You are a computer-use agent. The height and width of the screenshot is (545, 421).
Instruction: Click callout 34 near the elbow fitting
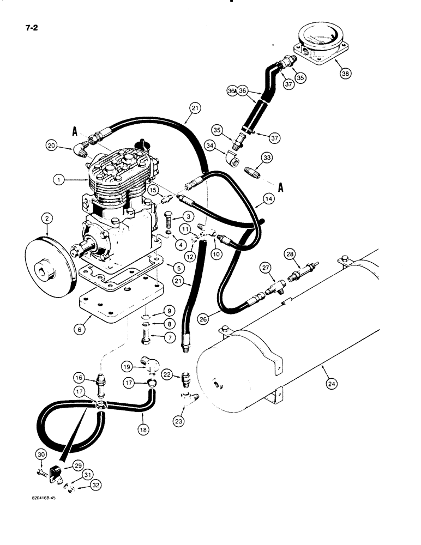tap(211, 144)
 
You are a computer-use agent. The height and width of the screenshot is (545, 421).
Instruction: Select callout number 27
tap(266, 267)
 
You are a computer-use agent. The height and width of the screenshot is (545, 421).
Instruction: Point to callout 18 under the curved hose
tap(143, 429)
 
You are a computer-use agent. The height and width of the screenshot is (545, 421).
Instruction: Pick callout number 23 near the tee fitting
tap(179, 420)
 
